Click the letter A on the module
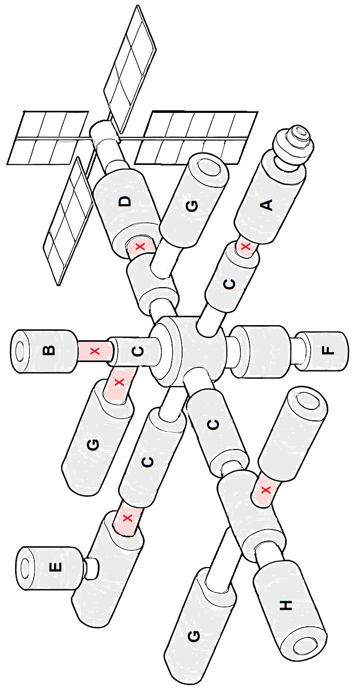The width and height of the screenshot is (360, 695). [267, 205]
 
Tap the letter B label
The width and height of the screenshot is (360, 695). [49, 350]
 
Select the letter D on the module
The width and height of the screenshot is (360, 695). [125, 202]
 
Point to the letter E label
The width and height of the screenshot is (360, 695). [55, 567]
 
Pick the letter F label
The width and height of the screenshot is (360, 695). [328, 350]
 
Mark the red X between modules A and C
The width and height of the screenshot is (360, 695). [246, 247]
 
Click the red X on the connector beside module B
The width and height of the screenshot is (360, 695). [95, 351]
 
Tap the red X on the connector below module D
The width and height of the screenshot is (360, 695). [141, 247]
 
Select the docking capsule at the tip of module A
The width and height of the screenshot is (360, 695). [292, 144]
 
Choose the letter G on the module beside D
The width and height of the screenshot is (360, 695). [192, 205]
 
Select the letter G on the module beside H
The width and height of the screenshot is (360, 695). [193, 636]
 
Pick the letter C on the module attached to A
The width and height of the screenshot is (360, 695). [229, 284]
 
